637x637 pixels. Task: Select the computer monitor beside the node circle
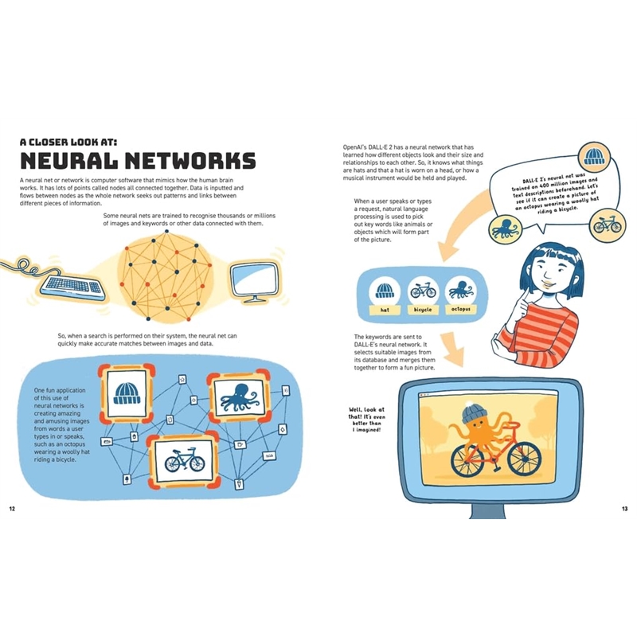click(x=254, y=279)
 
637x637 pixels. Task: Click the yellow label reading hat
click(x=385, y=308)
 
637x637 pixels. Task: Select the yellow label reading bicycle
click(x=422, y=308)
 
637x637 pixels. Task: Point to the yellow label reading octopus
click(x=460, y=308)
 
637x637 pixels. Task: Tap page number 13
click(x=624, y=507)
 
